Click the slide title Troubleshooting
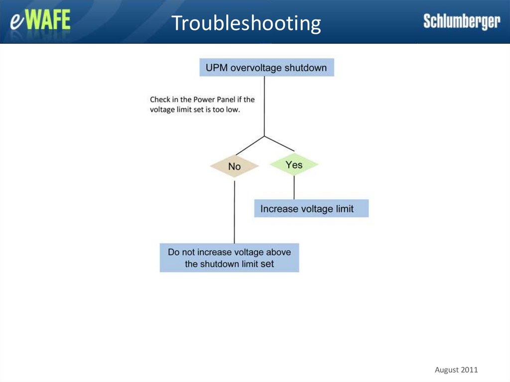246,23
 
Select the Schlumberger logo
461,21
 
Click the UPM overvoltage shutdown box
266,68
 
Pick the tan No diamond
235,166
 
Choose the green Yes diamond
294,165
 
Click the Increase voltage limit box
311,209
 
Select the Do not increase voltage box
229,257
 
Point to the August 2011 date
456,370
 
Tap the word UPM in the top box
216,68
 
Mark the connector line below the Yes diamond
294,188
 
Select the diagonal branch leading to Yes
279,143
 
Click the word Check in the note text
159,100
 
